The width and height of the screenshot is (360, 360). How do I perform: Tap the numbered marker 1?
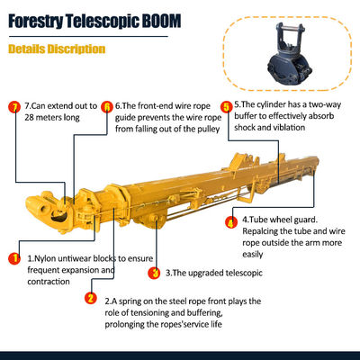pos(13,258)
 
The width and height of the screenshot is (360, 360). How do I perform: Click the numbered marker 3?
pos(155,272)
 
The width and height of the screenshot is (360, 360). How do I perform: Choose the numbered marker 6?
pos(106,105)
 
